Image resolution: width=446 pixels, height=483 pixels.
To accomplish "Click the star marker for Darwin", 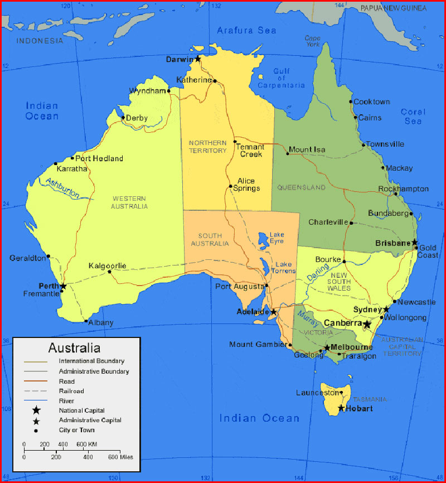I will [197, 58].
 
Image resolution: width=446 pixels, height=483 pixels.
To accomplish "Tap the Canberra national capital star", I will [367, 324].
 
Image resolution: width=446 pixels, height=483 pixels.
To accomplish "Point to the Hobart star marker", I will [341, 408].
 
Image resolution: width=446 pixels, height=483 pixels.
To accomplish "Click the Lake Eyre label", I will [277, 238].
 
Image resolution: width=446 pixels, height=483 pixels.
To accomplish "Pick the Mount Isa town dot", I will [288, 153].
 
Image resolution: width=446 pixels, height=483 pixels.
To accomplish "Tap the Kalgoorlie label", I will [108, 265].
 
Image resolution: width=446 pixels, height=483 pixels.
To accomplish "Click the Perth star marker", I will [63, 286].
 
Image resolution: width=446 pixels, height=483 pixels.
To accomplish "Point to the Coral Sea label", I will [413, 117].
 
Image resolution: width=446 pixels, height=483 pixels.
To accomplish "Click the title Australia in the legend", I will [74, 348].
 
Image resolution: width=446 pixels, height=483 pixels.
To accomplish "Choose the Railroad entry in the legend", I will [71, 391].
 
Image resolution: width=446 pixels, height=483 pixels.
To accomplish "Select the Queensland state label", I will [301, 187].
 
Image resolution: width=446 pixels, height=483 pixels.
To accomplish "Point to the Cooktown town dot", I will [351, 102].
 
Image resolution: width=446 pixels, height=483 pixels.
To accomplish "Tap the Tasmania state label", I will [370, 399].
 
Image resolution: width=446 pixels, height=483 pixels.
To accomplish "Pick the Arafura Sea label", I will [246, 30].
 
